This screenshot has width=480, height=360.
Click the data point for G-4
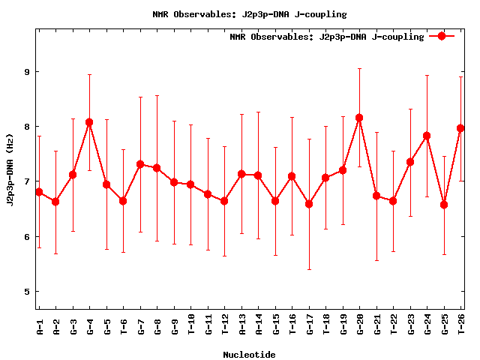(x=89, y=122)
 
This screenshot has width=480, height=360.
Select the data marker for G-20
(x=359, y=118)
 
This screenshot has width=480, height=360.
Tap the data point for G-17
(x=309, y=204)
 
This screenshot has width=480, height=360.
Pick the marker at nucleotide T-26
(x=460, y=128)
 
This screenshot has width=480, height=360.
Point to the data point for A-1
(x=39, y=192)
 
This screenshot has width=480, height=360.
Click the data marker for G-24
(x=427, y=136)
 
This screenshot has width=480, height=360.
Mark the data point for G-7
(x=140, y=164)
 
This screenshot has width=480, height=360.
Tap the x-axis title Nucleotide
(x=249, y=355)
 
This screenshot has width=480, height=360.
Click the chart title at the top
(x=249, y=14)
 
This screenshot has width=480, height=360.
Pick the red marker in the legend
(x=442, y=36)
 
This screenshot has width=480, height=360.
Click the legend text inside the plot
(x=327, y=36)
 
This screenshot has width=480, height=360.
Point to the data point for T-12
(x=224, y=201)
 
